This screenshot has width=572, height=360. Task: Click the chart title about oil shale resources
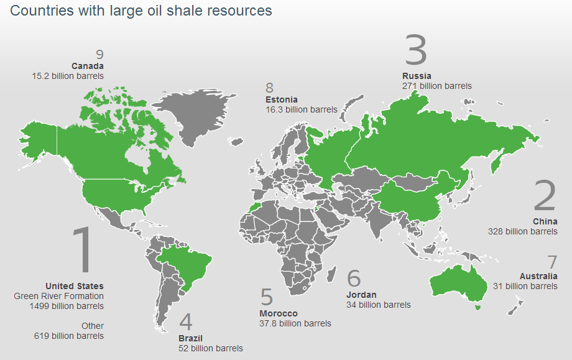141,11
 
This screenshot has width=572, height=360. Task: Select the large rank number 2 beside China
545,195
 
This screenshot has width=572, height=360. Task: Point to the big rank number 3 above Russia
416,50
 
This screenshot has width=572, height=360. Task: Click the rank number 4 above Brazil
186,321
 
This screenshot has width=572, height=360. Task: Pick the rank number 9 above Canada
99,55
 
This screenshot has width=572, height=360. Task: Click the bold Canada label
88,66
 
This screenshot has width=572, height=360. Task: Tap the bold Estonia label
281,99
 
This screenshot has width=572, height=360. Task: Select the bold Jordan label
361,295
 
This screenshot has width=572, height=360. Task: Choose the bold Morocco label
279,313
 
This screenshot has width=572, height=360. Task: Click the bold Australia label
538,276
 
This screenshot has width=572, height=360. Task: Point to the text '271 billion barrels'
436,86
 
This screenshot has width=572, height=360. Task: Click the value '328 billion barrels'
523,231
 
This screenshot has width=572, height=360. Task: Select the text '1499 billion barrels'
67,306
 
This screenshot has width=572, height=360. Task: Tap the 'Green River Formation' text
58,296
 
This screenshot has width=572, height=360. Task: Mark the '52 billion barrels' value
211,348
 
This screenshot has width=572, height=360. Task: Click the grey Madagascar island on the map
331,274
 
